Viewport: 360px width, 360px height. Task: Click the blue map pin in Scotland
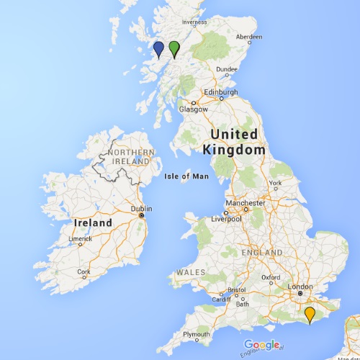tap(158, 49)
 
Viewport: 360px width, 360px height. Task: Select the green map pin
tap(174, 48)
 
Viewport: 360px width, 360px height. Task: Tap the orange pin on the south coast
tap(310, 314)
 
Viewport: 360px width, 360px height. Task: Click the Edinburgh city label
tap(221, 93)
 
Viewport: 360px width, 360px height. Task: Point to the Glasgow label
tap(194, 109)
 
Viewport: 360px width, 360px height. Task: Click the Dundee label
tap(226, 69)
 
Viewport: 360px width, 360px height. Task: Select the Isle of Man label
tap(186, 176)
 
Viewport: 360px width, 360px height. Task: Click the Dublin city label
tap(141, 209)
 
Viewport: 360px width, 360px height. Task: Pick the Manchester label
tap(245, 203)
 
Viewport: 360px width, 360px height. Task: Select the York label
tap(274, 183)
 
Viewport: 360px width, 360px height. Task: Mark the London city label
tap(300, 287)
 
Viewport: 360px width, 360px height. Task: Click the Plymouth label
tap(196, 335)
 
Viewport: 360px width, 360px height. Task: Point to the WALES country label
tap(192, 272)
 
